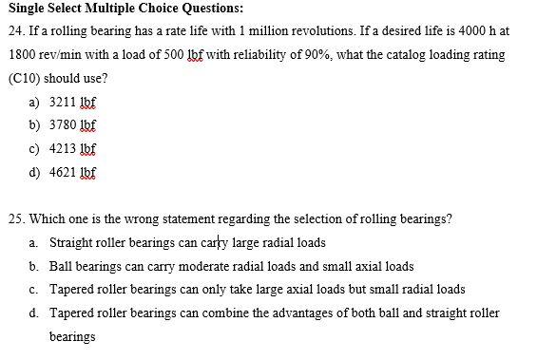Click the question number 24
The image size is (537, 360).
pos(14,31)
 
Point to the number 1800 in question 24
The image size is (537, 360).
pos(22,55)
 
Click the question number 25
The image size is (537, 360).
pos(14,218)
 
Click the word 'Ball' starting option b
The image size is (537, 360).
pos(61,266)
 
